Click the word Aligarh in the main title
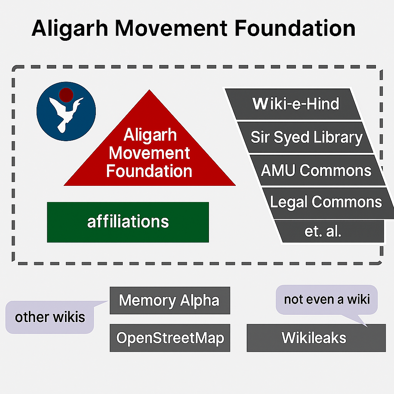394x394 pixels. (70, 29)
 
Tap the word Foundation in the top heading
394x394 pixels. (295, 28)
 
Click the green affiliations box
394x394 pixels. (128, 222)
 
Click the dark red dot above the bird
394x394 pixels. (66, 95)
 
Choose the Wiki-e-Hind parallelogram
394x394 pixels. (293, 104)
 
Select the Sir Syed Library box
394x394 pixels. (305, 137)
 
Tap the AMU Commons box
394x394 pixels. (317, 170)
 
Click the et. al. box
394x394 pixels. (330, 231)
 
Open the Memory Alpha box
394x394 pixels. (170, 301)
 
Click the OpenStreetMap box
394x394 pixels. (170, 338)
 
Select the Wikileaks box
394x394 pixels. (316, 338)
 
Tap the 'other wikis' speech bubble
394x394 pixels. (50, 317)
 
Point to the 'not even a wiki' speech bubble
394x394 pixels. (327, 299)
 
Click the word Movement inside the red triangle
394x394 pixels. (150, 153)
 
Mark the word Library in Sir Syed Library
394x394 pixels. (338, 138)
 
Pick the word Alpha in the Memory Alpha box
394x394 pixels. (200, 301)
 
